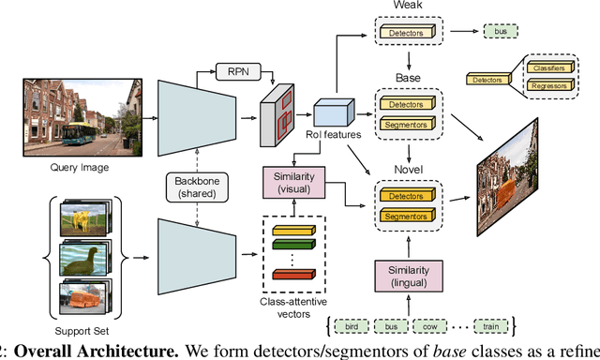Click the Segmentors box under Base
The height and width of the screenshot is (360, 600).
(407, 124)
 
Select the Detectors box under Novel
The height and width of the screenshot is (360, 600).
(407, 198)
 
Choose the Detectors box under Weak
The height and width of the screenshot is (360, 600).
(407, 33)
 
